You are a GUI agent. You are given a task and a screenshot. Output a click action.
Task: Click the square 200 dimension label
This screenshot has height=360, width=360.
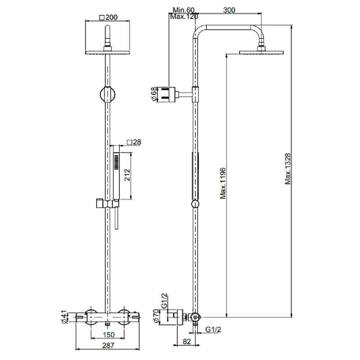point(108,18)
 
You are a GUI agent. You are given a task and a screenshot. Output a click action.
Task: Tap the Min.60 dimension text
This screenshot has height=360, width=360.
point(184,10)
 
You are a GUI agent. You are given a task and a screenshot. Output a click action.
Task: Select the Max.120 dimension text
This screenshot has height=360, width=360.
point(184,17)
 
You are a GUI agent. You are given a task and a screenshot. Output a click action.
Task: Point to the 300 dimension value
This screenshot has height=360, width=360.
point(229,10)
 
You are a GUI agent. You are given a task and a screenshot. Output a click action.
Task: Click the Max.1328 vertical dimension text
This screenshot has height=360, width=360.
point(288,169)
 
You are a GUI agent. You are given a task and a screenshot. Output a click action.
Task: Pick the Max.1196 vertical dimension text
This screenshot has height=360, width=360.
point(223,184)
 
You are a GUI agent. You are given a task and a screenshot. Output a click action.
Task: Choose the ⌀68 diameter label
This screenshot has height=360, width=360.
point(154,94)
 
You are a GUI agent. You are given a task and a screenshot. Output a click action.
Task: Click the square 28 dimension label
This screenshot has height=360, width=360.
point(134,142)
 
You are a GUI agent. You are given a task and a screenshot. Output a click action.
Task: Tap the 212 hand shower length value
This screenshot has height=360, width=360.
point(127,175)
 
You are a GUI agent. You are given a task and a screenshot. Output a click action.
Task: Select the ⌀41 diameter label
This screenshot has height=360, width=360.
point(64,317)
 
